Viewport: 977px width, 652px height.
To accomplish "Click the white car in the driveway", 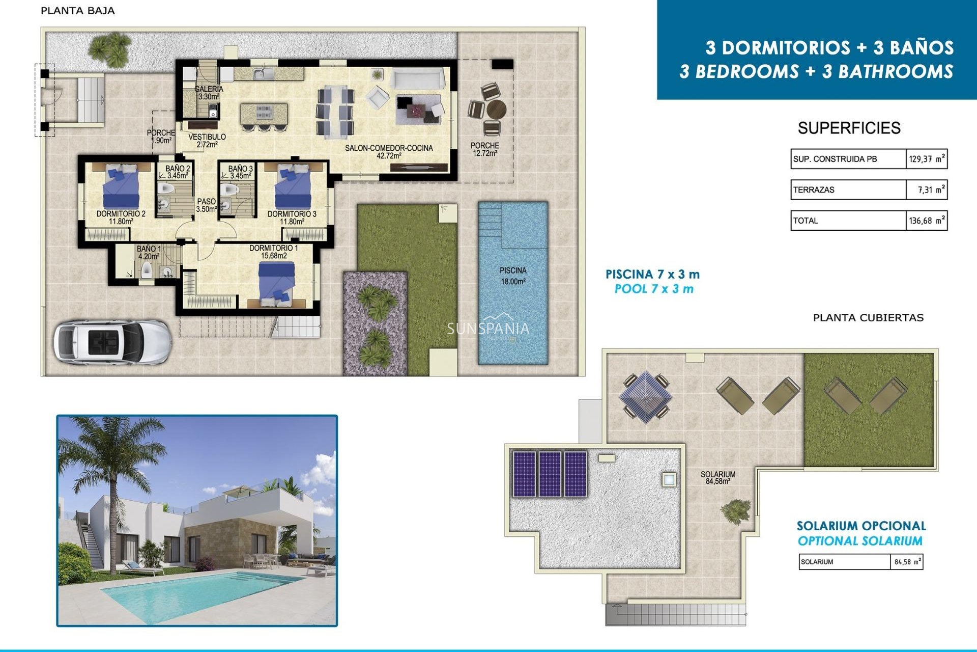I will click(x=112, y=341).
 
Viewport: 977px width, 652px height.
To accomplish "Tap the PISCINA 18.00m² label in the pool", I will click(x=512, y=276).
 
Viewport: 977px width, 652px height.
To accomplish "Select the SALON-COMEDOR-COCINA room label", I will click(x=389, y=152).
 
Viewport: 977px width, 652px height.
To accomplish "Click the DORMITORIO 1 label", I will click(x=274, y=252).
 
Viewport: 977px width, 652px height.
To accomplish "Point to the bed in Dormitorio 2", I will click(x=121, y=186).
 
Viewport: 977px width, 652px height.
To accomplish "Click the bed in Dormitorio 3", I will click(x=293, y=186).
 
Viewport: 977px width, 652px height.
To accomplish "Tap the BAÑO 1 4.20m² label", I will click(x=149, y=253).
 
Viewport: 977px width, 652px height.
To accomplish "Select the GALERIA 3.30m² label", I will click(x=209, y=93).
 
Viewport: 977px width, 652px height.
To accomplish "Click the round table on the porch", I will click(x=496, y=109).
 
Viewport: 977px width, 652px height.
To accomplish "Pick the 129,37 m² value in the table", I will click(x=927, y=159).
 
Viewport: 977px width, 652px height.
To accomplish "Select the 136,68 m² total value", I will click(x=927, y=221).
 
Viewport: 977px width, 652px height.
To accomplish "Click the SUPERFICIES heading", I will click(x=849, y=128).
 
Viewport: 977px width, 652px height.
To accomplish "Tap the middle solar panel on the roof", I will click(x=550, y=474).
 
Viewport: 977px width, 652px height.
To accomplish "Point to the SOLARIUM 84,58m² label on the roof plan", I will click(x=717, y=477).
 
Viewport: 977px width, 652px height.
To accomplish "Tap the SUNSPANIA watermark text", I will click(x=488, y=329).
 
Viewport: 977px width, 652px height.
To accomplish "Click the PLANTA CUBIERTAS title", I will click(x=868, y=318).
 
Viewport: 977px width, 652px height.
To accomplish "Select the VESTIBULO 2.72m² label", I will click(x=207, y=141).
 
